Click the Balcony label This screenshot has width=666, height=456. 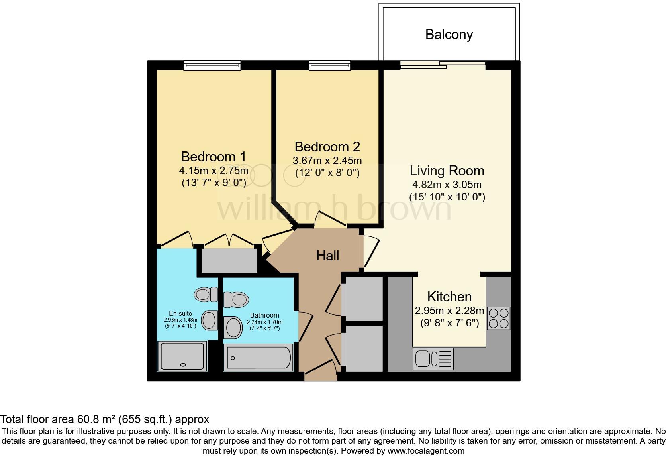click(449, 34)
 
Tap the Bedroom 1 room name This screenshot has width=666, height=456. click(214, 156)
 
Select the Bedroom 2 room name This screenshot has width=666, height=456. click(327, 147)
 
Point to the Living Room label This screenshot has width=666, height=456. click(447, 171)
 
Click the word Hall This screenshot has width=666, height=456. click(327, 256)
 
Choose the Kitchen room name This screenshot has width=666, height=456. click(449, 297)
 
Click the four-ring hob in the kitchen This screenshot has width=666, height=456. click(498, 318)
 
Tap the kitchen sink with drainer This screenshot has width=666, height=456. click(433, 358)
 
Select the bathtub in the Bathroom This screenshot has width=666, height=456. click(258, 357)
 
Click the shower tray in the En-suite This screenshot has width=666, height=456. click(183, 356)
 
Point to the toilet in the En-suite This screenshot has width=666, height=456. click(206, 295)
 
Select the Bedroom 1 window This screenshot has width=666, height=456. click(212, 65)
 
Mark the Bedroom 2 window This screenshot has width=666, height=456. click(330, 65)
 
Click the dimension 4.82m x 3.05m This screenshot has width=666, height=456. click(447, 185)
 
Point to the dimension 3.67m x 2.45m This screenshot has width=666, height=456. click(327, 161)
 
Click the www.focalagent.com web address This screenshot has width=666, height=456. click(425, 451)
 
